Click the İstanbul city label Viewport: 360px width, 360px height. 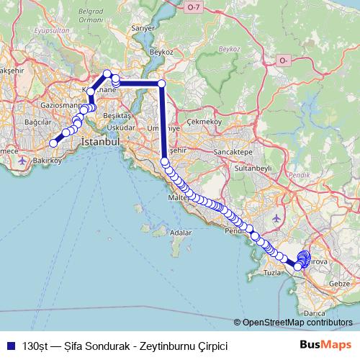pos(100,142)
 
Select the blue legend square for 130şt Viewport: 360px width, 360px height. pos(11,346)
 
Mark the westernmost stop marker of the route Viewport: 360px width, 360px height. pos(53,143)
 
